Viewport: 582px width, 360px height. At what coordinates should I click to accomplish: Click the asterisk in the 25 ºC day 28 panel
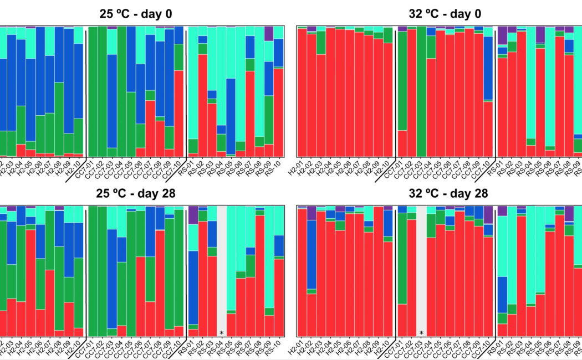coord(222,333)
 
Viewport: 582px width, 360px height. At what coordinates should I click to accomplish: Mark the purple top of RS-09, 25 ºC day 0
coord(269,34)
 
